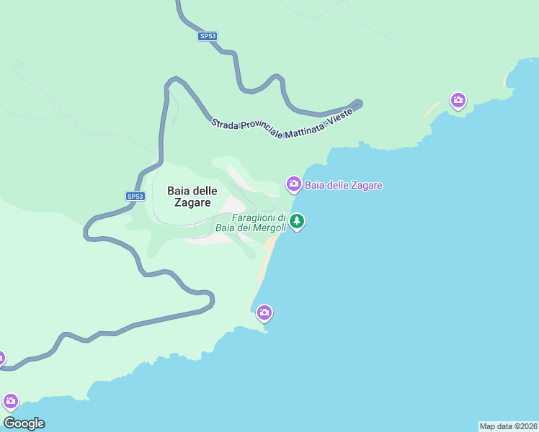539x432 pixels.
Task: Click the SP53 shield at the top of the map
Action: click(208, 36)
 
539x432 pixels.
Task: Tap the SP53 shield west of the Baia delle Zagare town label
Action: click(135, 196)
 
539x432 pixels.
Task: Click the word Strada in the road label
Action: click(225, 124)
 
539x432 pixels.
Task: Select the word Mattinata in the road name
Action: click(303, 131)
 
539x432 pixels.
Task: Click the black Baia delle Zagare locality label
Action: click(189, 197)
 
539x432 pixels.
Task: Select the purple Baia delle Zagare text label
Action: click(344, 185)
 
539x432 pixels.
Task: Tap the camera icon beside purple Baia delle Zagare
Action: click(293, 184)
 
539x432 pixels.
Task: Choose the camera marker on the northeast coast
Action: click(458, 100)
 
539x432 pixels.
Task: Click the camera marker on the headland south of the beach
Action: click(264, 312)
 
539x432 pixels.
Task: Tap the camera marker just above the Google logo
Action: click(10, 400)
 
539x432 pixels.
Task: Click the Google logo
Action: click(24, 423)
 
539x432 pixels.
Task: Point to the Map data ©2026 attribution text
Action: click(508, 426)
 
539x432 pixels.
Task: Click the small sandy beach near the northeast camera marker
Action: click(432, 110)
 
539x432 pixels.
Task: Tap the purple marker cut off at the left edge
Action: click(1, 358)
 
